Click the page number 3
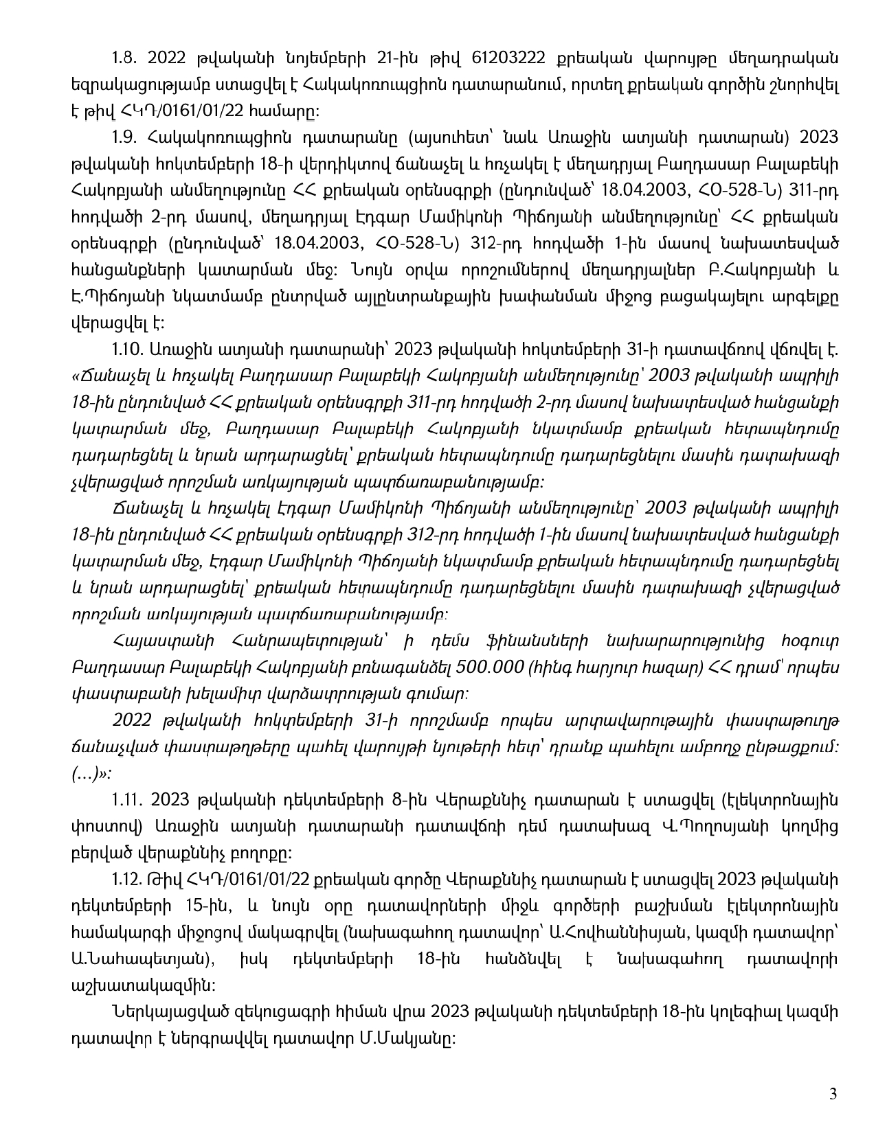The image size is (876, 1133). (833, 1095)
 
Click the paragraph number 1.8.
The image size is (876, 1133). (124, 57)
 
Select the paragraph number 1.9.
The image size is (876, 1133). (124, 137)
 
